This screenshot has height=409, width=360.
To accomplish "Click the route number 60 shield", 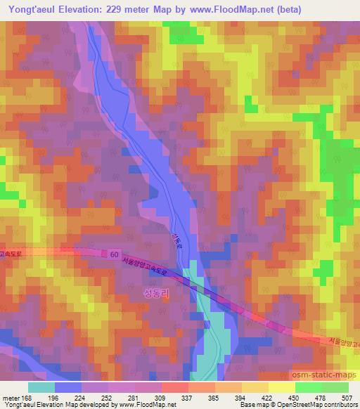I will pos(114,253).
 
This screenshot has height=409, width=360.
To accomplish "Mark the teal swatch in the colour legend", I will pos(41,387).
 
